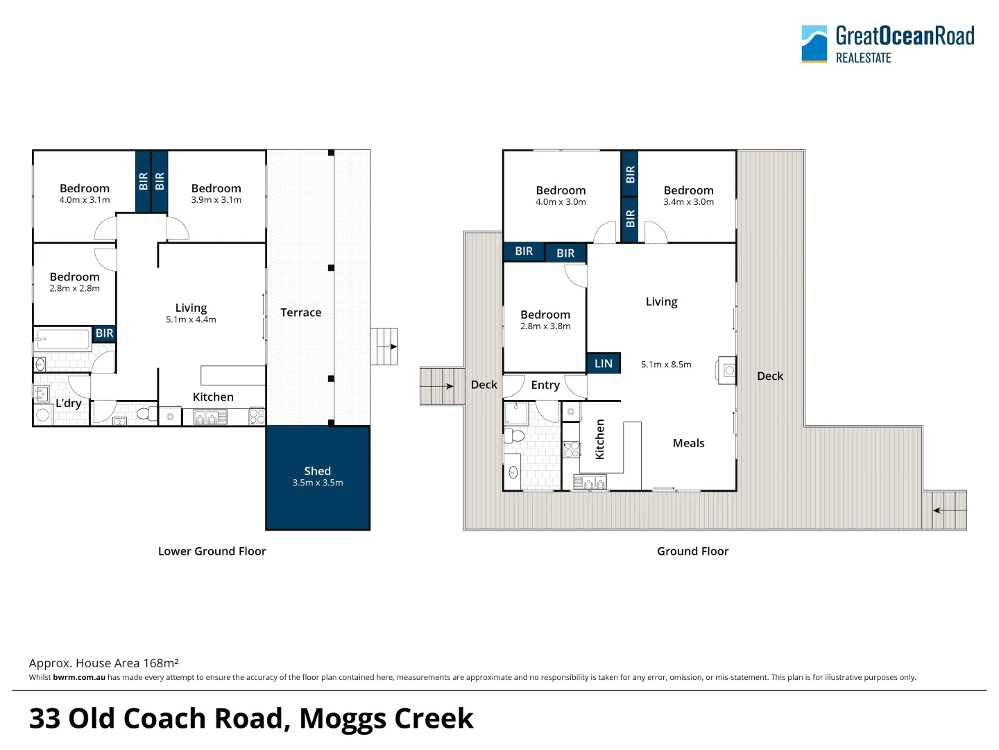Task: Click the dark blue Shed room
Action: point(318,477)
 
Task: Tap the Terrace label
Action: point(300,312)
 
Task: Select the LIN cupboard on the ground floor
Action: point(604,363)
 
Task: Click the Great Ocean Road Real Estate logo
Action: point(887,44)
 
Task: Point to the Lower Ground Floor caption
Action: point(212,551)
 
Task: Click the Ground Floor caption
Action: point(692,551)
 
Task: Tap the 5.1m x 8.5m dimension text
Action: point(666,365)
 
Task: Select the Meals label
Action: point(688,443)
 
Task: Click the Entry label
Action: point(545,385)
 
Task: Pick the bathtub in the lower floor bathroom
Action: point(62,340)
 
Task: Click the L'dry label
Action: point(69,403)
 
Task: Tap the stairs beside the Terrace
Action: point(384,347)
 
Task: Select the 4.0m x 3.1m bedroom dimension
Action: point(85,200)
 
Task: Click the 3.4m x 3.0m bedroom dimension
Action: point(688,202)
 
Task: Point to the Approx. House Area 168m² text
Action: point(104,663)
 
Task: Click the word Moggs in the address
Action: point(344,719)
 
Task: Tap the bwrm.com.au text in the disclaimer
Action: point(79,677)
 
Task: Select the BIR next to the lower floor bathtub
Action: point(105,333)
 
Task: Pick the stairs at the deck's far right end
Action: point(944,510)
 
